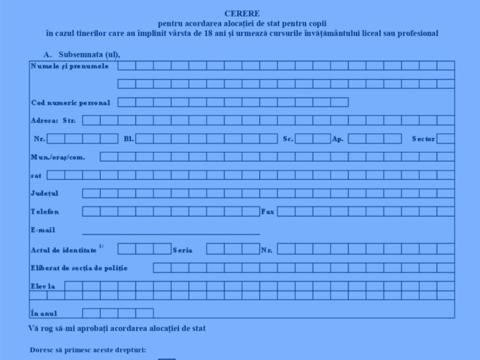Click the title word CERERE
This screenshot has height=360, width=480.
[x=242, y=13]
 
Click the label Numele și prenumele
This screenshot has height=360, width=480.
[x=70, y=66]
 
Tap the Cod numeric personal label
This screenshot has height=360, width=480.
[x=70, y=102]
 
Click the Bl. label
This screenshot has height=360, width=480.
[x=129, y=139]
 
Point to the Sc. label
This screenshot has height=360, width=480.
[x=288, y=139]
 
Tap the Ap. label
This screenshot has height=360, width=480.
[x=338, y=139]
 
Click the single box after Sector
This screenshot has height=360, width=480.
[x=445, y=139]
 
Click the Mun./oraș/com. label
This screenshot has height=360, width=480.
[x=58, y=157]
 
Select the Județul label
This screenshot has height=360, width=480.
[x=44, y=193]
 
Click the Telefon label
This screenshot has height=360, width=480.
[x=45, y=211]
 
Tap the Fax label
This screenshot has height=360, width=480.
[x=268, y=211]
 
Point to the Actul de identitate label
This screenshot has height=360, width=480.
[x=64, y=250]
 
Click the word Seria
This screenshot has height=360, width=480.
[x=183, y=250]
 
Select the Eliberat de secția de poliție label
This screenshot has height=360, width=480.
[x=79, y=268]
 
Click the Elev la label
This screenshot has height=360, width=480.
[x=43, y=286]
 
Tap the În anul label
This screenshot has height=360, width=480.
[x=44, y=313]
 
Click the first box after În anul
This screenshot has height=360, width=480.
[x=91, y=313]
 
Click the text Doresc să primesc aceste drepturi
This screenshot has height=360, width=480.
[x=88, y=350]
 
